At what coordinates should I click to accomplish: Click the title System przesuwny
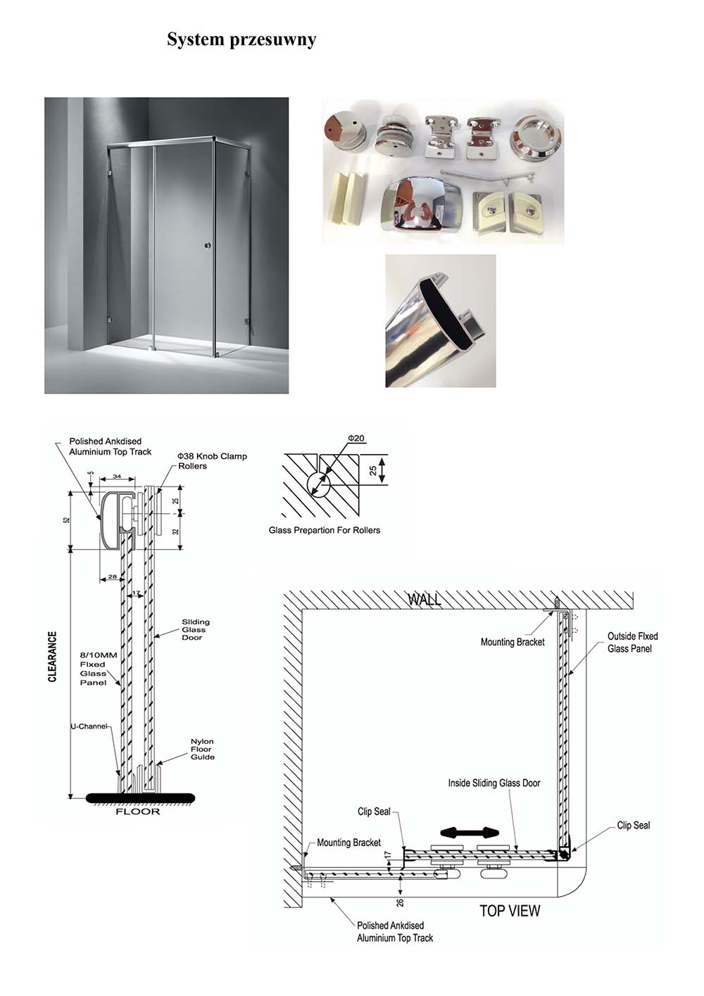(x=241, y=40)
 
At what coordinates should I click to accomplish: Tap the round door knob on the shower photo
(x=207, y=246)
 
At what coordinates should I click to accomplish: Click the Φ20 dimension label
(x=356, y=439)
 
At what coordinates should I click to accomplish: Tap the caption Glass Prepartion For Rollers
(x=325, y=531)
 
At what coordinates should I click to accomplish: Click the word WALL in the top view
(x=425, y=600)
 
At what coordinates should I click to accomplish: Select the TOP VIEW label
(x=510, y=911)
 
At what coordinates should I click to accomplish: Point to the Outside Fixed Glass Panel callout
(x=632, y=643)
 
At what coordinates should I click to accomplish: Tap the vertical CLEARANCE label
(x=53, y=657)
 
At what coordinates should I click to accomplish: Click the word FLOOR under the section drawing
(x=138, y=812)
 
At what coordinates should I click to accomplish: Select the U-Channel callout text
(x=89, y=726)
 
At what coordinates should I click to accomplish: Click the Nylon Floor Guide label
(x=202, y=749)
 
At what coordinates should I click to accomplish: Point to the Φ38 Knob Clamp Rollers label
(x=212, y=461)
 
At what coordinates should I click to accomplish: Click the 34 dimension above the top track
(x=117, y=477)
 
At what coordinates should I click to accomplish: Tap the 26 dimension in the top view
(x=400, y=902)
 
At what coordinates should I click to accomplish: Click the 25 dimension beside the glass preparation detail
(x=373, y=469)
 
